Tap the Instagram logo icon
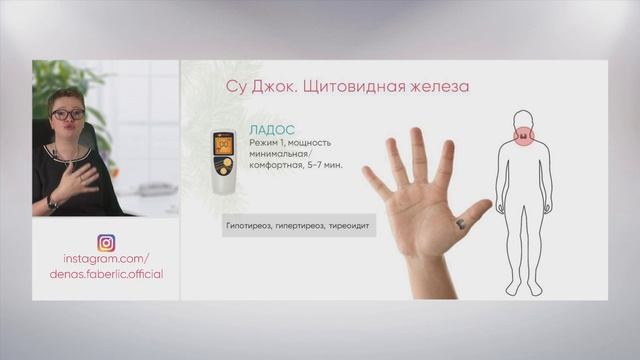pyautogui.click(x=106, y=243)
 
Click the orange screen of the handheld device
pyautogui.click(x=224, y=143)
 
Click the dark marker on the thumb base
pyautogui.click(x=459, y=225)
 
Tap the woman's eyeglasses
pyautogui.click(x=67, y=114)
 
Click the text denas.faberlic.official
pyautogui.click(x=106, y=273)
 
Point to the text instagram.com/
pyautogui.click(x=106, y=258)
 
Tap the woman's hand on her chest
pyautogui.click(x=81, y=178)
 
